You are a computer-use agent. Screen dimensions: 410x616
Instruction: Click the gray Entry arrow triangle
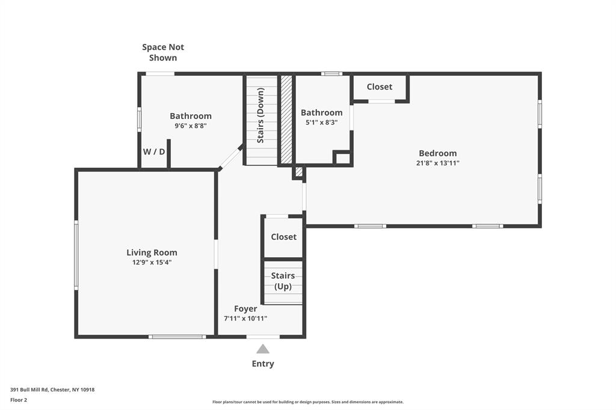point(263,349)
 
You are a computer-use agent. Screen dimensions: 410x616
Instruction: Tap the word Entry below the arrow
point(263,364)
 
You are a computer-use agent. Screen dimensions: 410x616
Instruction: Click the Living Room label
point(152,252)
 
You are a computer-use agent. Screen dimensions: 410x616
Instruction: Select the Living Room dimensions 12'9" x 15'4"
point(152,262)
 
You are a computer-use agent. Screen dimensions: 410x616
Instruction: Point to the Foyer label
point(245,309)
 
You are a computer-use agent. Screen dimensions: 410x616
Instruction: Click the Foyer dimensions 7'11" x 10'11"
point(245,319)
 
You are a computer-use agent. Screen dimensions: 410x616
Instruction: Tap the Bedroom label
point(437,153)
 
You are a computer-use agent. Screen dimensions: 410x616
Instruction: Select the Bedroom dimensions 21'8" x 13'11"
point(437,163)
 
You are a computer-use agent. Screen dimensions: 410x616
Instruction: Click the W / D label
point(154,151)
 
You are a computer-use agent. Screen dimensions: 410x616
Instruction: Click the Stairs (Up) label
point(283,281)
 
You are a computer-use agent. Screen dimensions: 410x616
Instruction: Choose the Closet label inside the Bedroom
point(380,87)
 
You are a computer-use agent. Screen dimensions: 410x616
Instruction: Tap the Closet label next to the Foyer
point(283,237)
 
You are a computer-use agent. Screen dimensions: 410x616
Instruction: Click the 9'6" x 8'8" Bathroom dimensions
point(191,126)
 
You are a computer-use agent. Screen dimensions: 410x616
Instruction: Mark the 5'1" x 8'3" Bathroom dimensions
point(321,122)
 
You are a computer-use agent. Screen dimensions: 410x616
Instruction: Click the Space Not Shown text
point(163,52)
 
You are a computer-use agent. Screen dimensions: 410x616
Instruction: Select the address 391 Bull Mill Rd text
point(52,390)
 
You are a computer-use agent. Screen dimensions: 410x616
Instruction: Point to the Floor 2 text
point(19,400)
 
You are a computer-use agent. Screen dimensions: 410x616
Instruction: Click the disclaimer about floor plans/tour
point(308,402)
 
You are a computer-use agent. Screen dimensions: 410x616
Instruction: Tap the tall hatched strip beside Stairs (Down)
point(287,119)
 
